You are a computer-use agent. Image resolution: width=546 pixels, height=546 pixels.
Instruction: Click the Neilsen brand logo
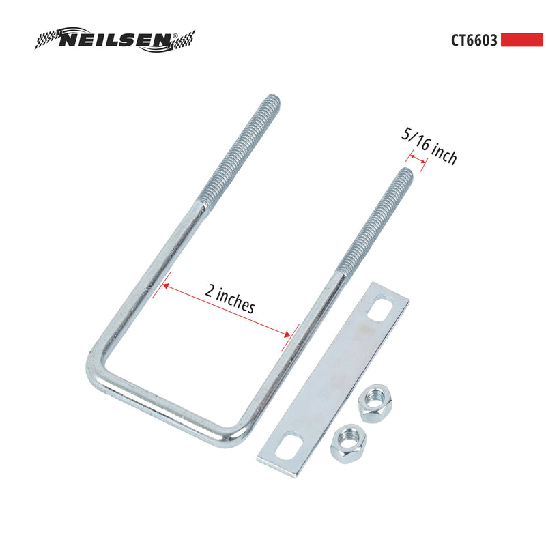coord(115,40)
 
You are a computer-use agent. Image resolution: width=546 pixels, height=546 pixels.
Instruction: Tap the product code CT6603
coord(474,40)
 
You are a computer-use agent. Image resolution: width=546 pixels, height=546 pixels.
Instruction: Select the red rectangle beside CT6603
coord(521,40)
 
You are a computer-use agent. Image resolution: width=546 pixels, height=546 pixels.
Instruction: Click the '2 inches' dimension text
coord(230,298)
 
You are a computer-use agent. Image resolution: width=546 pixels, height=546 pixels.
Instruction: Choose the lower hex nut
coord(347,444)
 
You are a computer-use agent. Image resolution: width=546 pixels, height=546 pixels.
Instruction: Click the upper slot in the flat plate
coord(380,311)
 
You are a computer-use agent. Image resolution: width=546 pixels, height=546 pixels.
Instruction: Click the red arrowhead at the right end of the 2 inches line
coord(287,334)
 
